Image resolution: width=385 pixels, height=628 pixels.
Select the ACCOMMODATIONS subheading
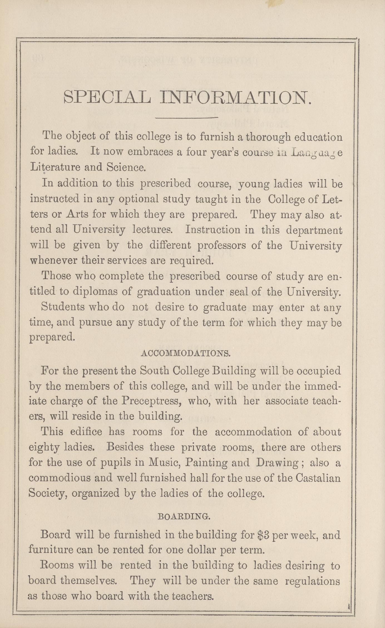[x=186, y=354]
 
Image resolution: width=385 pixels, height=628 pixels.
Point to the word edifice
[x=84, y=432]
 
